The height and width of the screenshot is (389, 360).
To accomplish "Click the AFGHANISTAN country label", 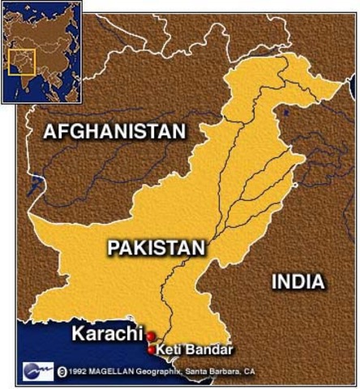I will click(x=114, y=130).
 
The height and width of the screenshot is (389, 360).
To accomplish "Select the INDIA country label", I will click(x=298, y=282).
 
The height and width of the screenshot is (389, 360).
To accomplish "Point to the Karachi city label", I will click(x=105, y=333).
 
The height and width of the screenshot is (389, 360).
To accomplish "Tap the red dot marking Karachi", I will click(x=150, y=335).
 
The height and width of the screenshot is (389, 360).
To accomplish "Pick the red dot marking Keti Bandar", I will click(x=151, y=349).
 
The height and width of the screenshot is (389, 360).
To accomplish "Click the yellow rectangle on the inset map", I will click(x=22, y=63).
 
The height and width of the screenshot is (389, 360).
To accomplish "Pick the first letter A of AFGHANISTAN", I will click(x=50, y=130).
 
